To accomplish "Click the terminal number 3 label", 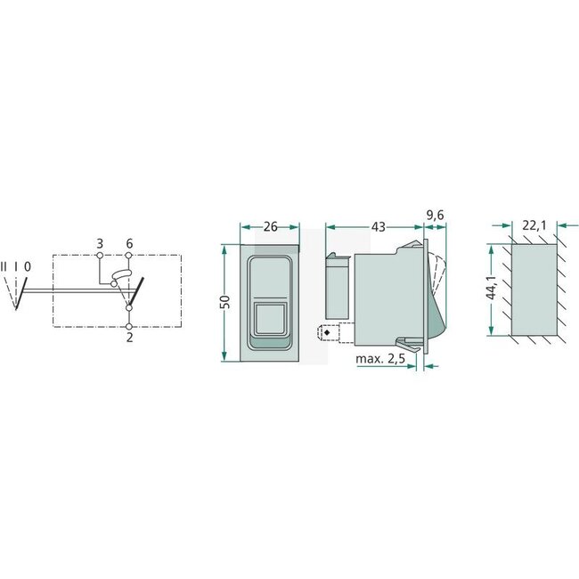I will point(100,243).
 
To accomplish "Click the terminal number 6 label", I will point(129,243).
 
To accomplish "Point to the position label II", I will point(4,266).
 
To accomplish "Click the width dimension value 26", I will point(270,227).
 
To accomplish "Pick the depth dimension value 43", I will point(378,227).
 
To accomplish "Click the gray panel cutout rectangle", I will point(534,289).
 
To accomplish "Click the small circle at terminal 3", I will point(100,256).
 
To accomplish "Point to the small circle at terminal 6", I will point(129,256).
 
